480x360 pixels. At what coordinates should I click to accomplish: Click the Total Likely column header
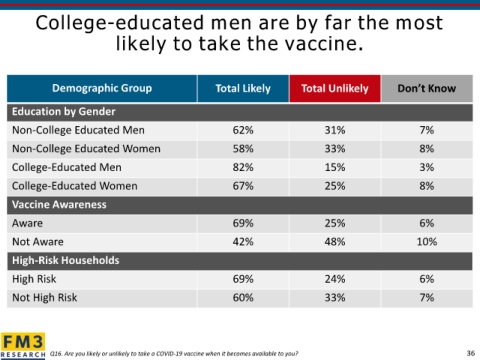[243, 88]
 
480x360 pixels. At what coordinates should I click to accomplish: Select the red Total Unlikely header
[335, 88]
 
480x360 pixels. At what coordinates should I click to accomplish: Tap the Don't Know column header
[427, 88]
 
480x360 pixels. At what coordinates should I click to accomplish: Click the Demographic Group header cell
[102, 88]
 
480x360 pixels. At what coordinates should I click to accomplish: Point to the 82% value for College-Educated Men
[243, 167]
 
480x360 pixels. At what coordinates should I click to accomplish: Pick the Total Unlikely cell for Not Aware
[335, 242]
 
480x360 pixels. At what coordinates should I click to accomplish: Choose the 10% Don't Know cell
[427, 242]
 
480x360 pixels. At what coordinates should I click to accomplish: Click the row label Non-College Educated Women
[86, 149]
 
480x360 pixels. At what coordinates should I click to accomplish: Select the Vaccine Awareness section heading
[59, 205]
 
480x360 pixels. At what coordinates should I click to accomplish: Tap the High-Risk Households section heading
[66, 260]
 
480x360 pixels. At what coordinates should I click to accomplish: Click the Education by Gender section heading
[64, 112]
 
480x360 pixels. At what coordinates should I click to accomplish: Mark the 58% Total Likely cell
[243, 149]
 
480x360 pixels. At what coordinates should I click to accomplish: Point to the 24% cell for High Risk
[335, 279]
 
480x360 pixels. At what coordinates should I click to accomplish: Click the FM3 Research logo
[23, 346]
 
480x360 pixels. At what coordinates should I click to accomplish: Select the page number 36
[471, 353]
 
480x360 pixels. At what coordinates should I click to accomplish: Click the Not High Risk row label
[44, 298]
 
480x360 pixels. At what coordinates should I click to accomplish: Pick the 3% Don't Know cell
[427, 167]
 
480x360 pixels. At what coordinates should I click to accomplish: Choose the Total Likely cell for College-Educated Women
[243, 186]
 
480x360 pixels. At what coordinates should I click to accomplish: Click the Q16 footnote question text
[174, 354]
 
